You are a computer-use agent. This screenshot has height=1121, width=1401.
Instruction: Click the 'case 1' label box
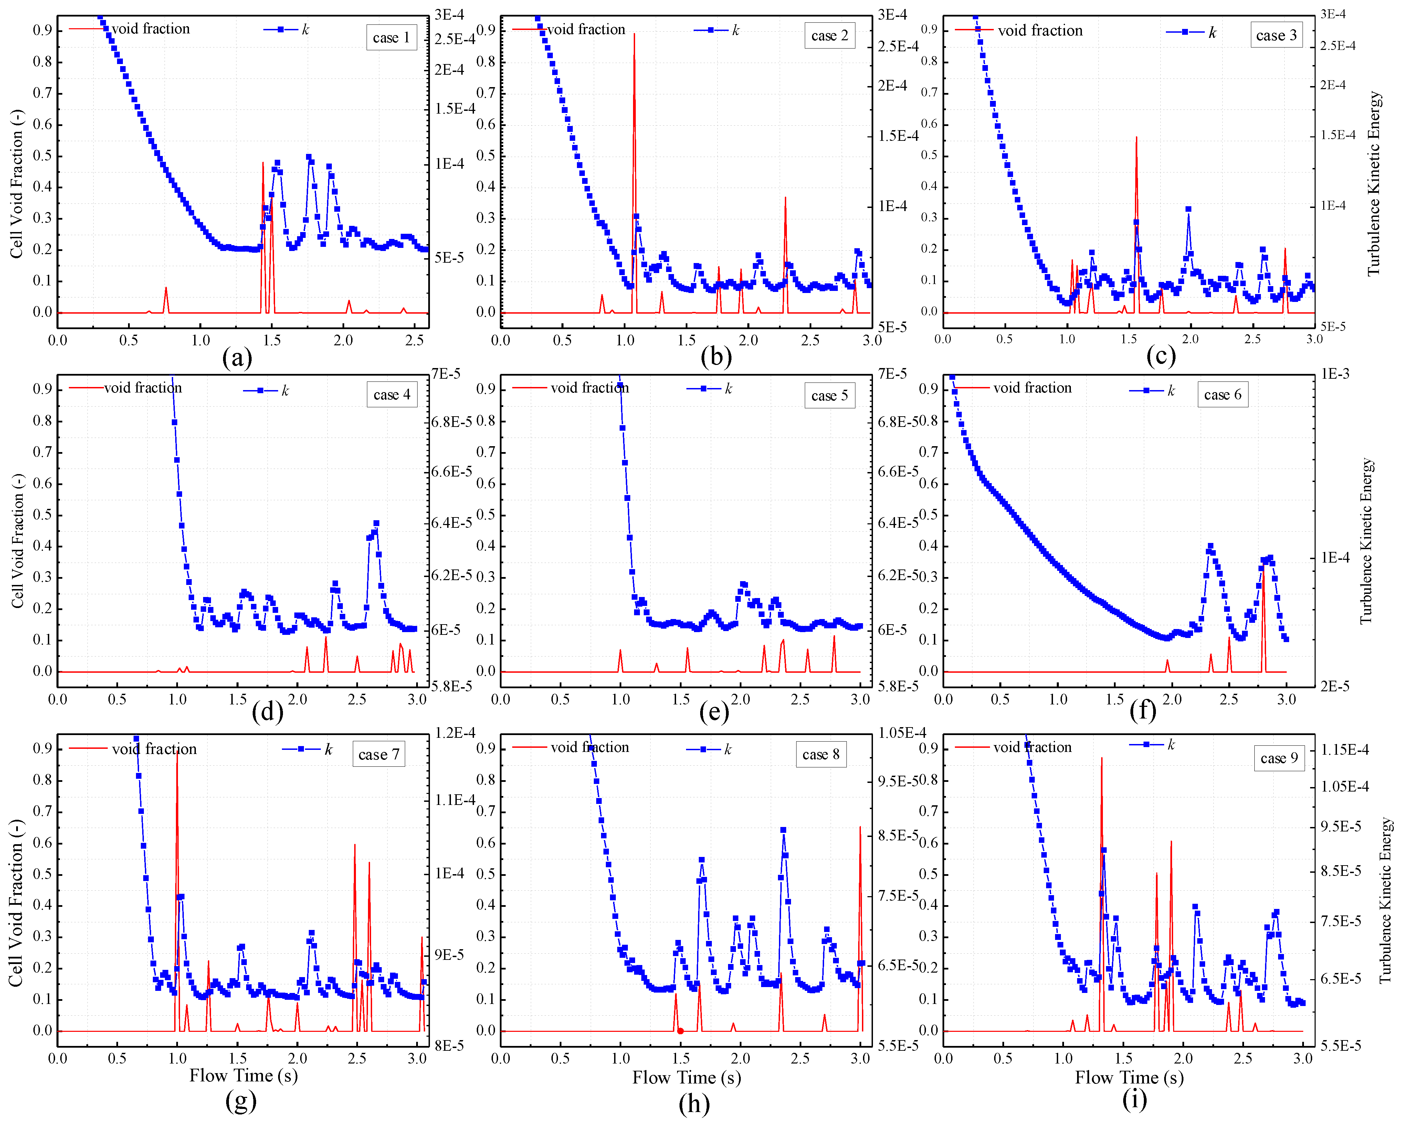(x=391, y=38)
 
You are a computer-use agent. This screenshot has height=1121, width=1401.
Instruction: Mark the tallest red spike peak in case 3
(x=1137, y=138)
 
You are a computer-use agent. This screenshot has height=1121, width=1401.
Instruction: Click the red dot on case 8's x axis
(x=680, y=1031)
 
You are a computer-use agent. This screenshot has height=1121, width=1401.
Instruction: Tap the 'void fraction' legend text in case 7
(x=154, y=749)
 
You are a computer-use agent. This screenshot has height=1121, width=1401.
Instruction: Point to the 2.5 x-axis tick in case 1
(x=414, y=340)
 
